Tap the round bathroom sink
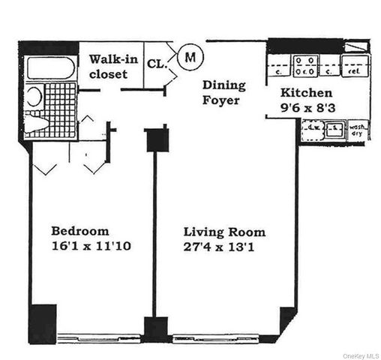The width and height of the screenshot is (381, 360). click(x=33, y=97)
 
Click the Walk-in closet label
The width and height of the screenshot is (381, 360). click(x=113, y=66)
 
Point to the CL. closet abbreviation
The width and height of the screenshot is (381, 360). click(x=157, y=64)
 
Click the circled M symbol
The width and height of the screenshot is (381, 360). click(x=191, y=55)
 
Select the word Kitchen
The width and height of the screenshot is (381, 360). click(x=307, y=93)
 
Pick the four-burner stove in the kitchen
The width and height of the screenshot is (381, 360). click(x=305, y=66)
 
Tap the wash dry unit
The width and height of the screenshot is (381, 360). click(x=358, y=130)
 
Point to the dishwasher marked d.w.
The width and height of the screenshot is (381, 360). click(x=313, y=130)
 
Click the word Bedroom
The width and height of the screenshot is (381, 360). click(x=79, y=230)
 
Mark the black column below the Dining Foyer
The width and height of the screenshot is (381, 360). click(x=156, y=139)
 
